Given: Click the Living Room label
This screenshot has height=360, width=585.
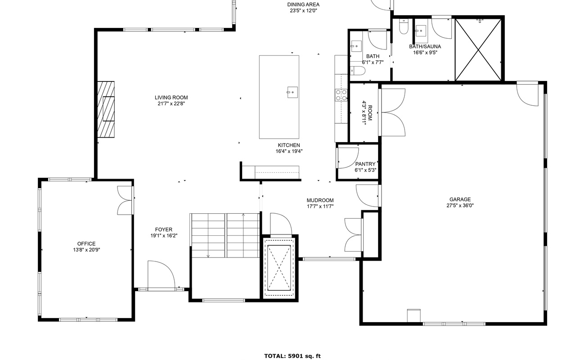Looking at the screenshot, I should point(171,98).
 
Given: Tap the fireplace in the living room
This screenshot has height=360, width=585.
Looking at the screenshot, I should point(106,109).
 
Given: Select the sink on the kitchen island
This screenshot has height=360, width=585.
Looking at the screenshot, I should point(292,93).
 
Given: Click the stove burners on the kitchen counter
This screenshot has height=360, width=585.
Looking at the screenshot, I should point(341,94).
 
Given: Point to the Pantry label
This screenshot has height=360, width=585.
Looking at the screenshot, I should point(365,164).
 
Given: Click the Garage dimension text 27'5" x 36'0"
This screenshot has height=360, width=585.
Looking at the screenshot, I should point(460,206).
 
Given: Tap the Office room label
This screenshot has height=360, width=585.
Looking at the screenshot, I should point(86,244).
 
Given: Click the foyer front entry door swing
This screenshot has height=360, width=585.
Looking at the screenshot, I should point(161,275).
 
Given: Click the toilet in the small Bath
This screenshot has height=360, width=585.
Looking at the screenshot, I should point(359,71).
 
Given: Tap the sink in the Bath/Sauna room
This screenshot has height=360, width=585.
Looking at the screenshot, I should point(421,30).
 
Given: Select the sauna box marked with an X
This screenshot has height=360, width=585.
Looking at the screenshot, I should point(478,49).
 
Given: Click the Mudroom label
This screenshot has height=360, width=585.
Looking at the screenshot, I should point(320,201).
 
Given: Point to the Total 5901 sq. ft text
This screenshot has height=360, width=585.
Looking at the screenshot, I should point(292,356).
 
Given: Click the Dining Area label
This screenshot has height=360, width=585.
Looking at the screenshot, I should point(303,4).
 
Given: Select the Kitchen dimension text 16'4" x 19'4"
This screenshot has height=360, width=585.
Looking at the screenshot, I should point(289,151).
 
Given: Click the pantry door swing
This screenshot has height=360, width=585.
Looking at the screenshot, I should point(346,157).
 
